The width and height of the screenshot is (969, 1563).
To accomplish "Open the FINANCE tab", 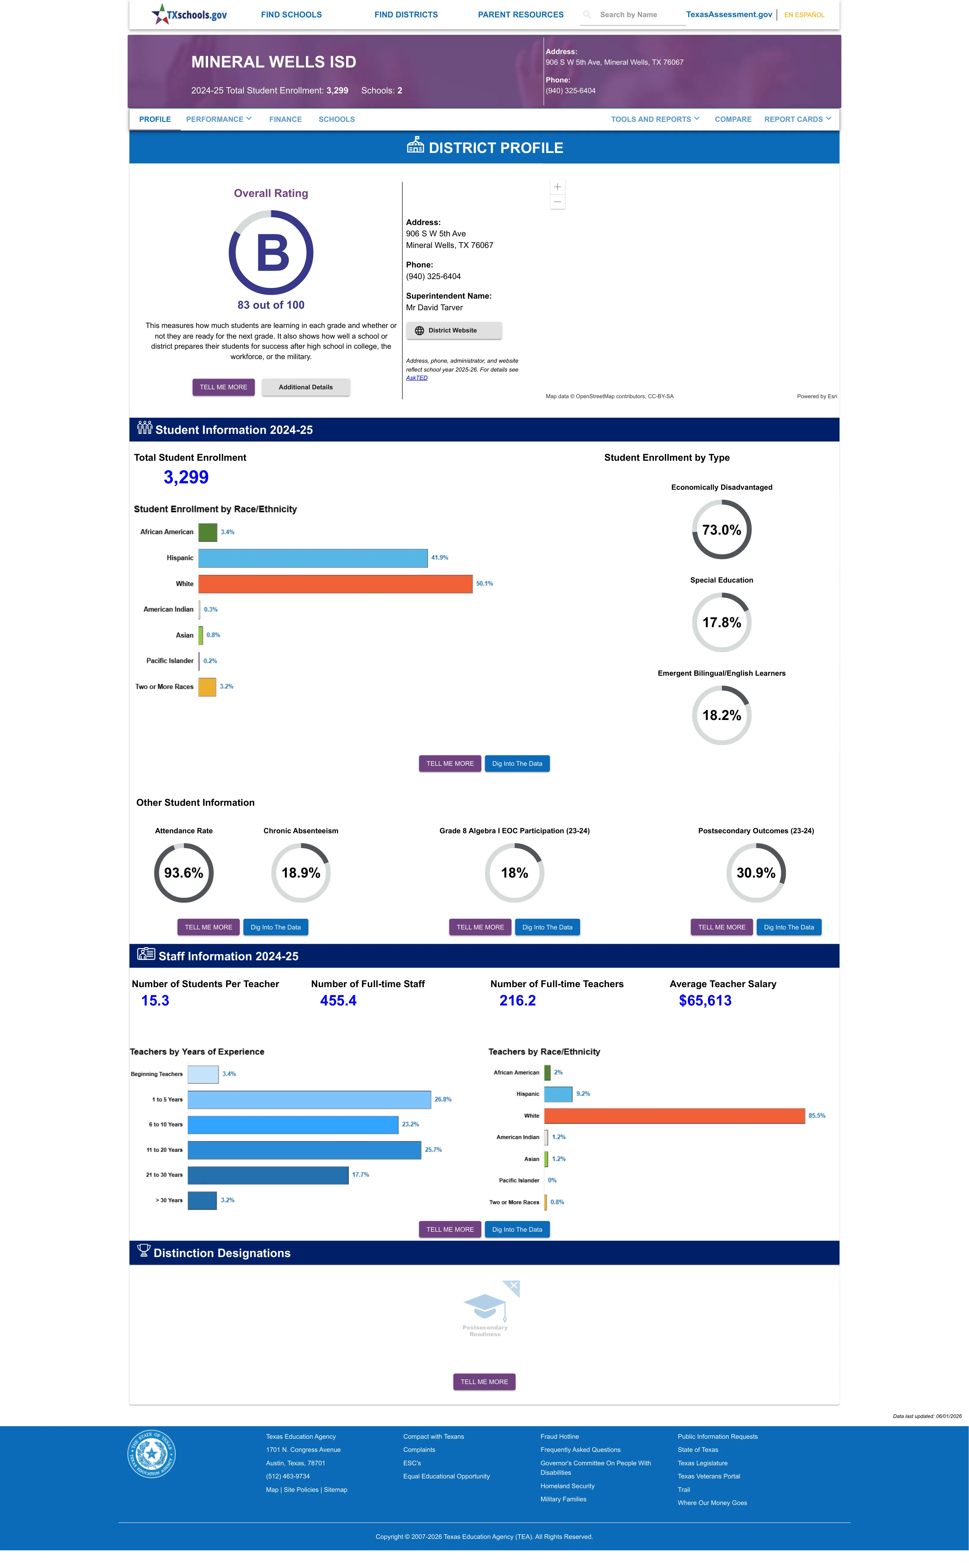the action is (x=285, y=119).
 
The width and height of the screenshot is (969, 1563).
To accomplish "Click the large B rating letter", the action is (x=272, y=253).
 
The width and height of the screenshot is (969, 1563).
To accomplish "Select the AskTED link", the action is (x=417, y=378).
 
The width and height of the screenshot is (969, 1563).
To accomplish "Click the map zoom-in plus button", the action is (x=558, y=187).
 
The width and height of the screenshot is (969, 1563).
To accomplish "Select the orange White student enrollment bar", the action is (x=335, y=583).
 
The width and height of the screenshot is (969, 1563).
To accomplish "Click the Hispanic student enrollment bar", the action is (x=313, y=558).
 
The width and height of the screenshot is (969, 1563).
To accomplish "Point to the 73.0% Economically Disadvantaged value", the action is (x=722, y=530).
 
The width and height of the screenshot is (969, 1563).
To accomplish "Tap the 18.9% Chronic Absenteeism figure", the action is (x=300, y=873).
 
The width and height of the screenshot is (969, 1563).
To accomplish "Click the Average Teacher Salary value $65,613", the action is (x=705, y=1001).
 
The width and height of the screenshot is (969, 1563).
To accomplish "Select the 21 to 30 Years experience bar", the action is (x=268, y=1175).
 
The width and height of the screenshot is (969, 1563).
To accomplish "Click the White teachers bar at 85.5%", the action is (x=674, y=1116).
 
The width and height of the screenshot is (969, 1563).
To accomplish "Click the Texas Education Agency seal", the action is (x=151, y=1454).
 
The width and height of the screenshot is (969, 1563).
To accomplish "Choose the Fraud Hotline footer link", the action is (x=559, y=1437).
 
